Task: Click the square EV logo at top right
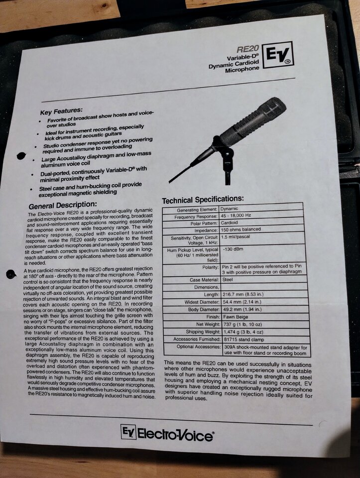(x=278, y=55)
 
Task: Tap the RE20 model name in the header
(x=247, y=49)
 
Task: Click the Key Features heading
(x=61, y=111)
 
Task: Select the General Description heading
(x=63, y=205)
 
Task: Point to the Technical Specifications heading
(x=203, y=200)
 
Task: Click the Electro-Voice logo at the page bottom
(x=167, y=433)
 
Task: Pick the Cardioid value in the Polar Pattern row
(x=229, y=223)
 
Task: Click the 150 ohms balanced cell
(x=240, y=229)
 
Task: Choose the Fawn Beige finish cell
(x=236, y=317)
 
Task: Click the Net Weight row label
(x=208, y=324)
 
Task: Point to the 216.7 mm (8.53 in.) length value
(x=243, y=294)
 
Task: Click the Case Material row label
(x=204, y=279)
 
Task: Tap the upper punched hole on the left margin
(x=21, y=156)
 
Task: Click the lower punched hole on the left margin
(x=11, y=274)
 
